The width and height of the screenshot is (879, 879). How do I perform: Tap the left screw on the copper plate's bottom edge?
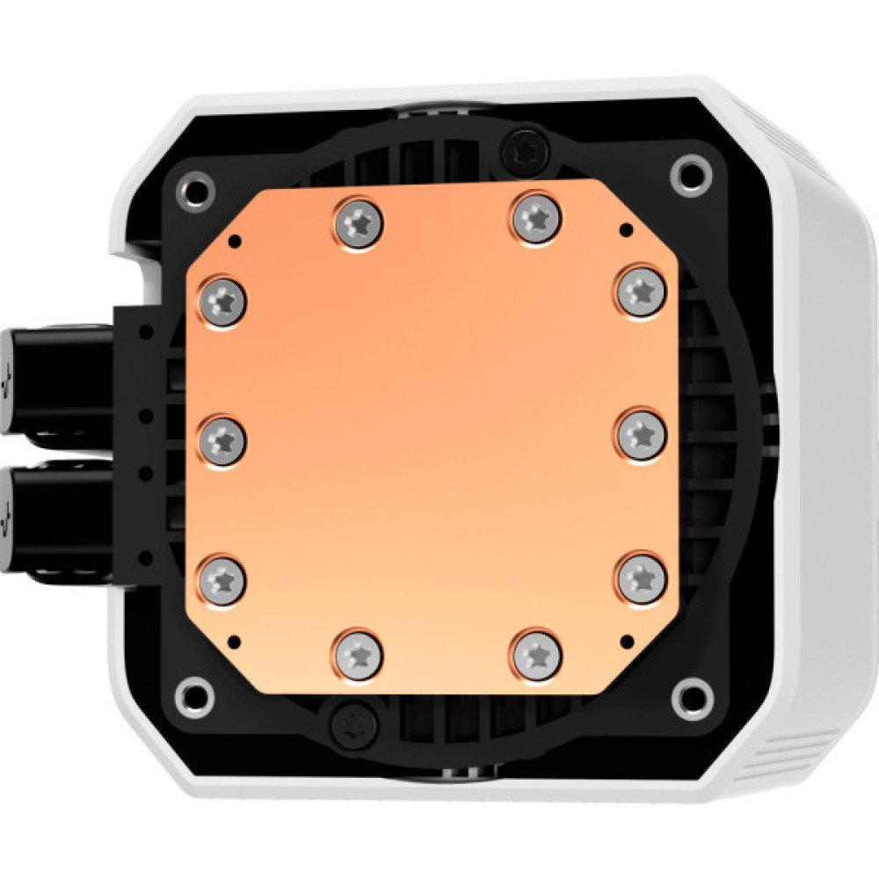(x=360, y=654)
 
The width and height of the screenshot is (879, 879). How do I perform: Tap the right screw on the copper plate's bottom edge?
(x=535, y=654)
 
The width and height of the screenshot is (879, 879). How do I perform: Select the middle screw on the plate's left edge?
(x=222, y=435)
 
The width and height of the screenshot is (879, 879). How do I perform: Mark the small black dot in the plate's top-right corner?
(x=625, y=230)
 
